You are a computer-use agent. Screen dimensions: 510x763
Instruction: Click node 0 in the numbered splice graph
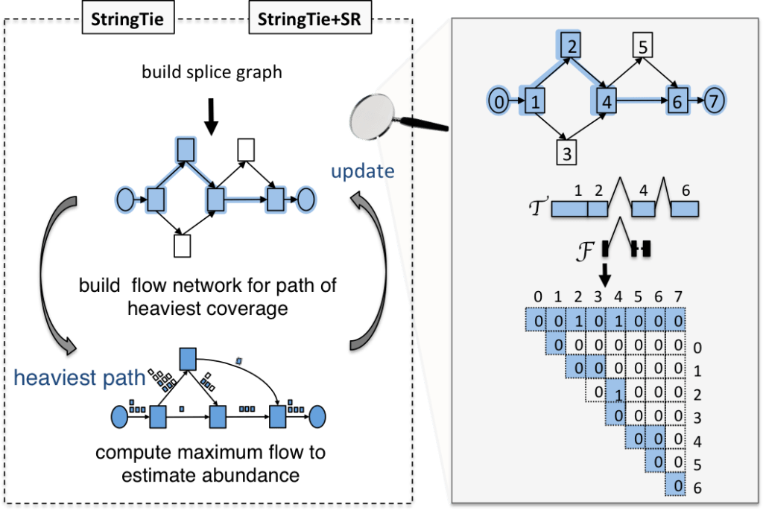click(498, 100)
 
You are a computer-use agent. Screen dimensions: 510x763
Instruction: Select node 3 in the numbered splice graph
click(568, 154)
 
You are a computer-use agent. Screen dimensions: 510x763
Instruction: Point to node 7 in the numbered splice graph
click(714, 101)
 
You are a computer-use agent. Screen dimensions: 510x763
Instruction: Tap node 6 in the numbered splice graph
click(677, 101)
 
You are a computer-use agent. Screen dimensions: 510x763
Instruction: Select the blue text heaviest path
click(79, 379)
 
